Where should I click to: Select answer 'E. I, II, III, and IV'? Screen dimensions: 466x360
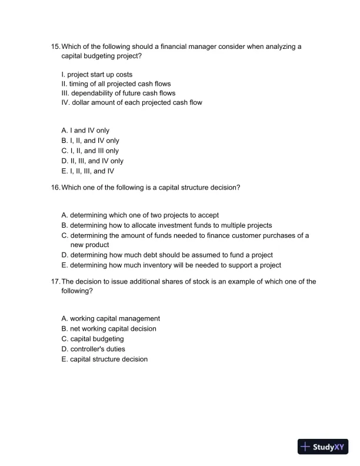[x=88, y=171]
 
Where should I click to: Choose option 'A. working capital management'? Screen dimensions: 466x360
[x=111, y=318]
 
